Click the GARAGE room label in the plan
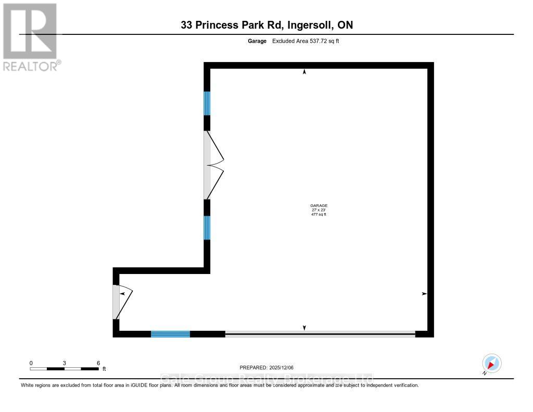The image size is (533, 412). pos(319,206)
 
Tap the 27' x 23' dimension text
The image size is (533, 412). pos(319,210)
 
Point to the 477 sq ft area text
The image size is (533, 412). pos(319,214)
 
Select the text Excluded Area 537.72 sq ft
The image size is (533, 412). pos(306,41)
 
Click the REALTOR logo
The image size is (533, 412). pos(30,36)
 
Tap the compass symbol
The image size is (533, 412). pos(491,363)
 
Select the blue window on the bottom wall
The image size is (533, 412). pos(170,334)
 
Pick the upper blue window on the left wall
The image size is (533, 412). pos(207,103)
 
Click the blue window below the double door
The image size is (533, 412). pos(207,228)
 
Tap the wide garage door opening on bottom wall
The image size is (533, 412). pos(320,334)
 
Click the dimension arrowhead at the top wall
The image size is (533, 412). pos(304,72)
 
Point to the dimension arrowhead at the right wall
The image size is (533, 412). pos(424,294)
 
